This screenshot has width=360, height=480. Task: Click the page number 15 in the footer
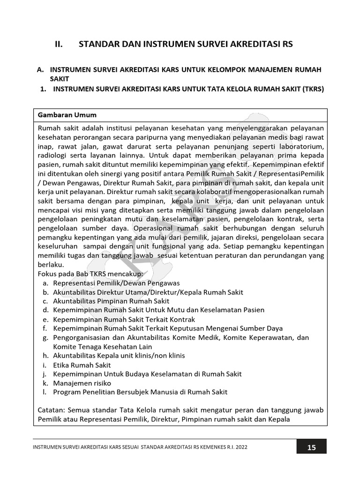(x=311, y=447)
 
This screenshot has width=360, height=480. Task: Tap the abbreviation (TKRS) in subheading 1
(x=313, y=89)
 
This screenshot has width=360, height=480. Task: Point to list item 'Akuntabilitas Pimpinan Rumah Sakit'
(x=111, y=301)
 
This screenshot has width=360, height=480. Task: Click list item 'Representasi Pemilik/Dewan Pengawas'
(x=116, y=283)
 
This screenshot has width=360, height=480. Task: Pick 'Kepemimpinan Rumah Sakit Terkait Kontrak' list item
(x=124, y=319)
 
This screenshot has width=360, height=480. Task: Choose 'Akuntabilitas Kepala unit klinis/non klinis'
(x=119, y=355)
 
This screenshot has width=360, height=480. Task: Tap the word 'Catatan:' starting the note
(x=52, y=410)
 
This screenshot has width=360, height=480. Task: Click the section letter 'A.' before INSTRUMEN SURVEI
(x=41, y=69)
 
